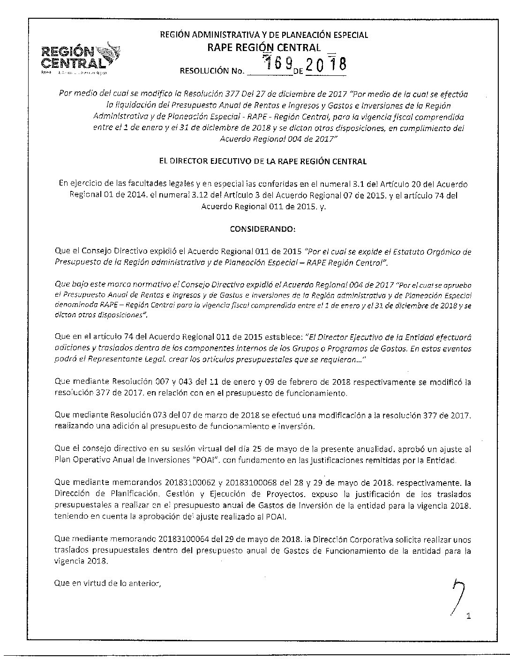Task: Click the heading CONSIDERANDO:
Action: [262, 229]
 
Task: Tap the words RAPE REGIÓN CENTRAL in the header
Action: [264, 48]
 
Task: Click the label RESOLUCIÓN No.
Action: [212, 71]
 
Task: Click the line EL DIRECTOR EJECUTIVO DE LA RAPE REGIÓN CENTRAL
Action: [262, 161]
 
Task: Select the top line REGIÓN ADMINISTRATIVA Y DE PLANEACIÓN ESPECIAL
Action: [264, 35]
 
